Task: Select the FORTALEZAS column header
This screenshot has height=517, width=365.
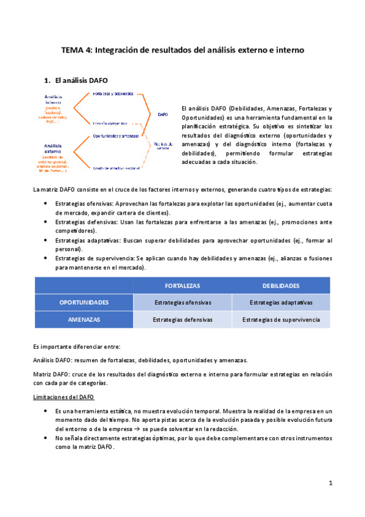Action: pos(182,285)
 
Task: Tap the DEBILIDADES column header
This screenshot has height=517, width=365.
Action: pos(281,285)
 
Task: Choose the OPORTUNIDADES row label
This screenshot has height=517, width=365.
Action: pos(84,302)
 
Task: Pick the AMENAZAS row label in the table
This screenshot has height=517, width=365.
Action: pos(84,319)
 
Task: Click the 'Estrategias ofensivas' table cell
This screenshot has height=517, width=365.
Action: pos(182,302)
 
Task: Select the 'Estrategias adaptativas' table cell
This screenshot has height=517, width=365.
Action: pos(281,302)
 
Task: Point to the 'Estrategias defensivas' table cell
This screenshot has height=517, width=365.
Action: pos(182,319)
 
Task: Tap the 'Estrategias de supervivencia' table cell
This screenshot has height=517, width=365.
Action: pos(281,319)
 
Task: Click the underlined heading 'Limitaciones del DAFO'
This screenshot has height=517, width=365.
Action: pos(63,398)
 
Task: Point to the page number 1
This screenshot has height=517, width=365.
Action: pos(330,483)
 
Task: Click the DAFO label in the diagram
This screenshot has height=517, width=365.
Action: pos(162,114)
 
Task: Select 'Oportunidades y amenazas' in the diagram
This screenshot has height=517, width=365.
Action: pos(116,135)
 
